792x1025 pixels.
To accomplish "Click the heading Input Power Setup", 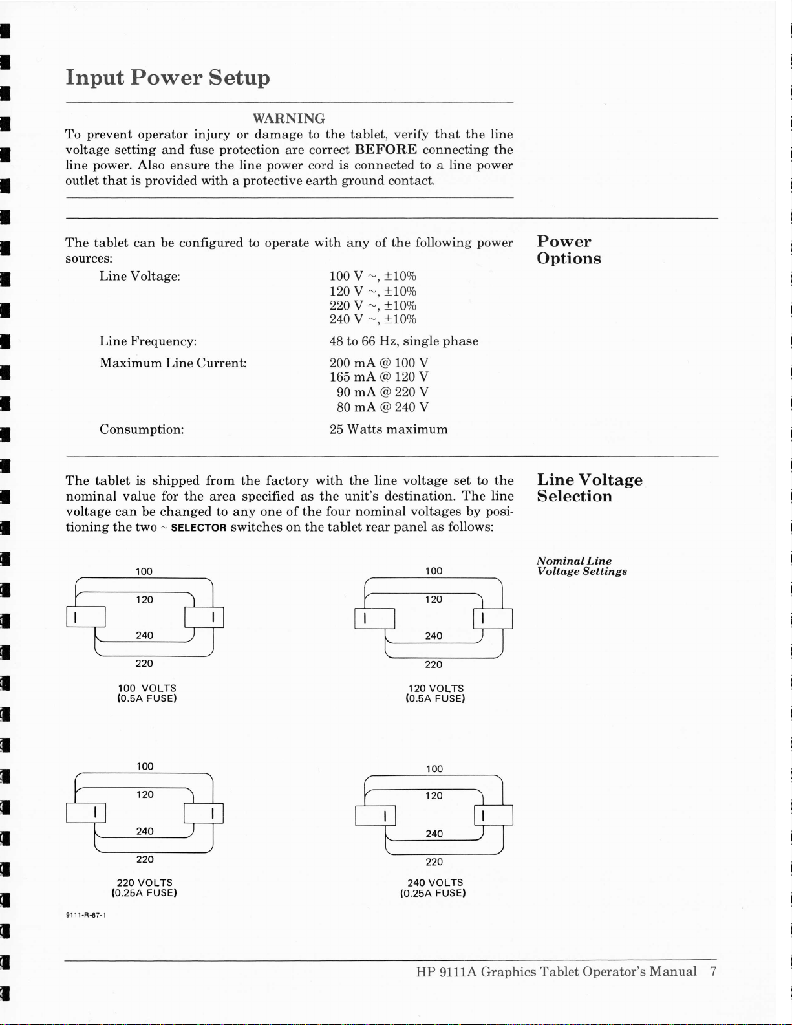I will pyautogui.click(x=167, y=78).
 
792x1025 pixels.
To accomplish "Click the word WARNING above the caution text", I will pyautogui.click(x=288, y=118).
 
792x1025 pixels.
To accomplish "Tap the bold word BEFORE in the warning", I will pyautogui.click(x=386, y=149).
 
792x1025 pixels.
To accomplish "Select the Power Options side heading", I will pyautogui.click(x=568, y=250).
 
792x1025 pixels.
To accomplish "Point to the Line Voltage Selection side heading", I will pyautogui.click(x=589, y=488).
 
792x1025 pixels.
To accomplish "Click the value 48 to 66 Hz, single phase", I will pyautogui.click(x=403, y=341).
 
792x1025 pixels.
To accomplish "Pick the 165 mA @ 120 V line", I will pyautogui.click(x=379, y=376).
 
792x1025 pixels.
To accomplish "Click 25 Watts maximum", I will pyautogui.click(x=388, y=429).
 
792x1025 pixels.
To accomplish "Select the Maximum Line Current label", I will pyautogui.click(x=173, y=363).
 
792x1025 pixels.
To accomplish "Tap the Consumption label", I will pyautogui.click(x=142, y=429).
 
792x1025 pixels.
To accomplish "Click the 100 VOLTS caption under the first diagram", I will pyautogui.click(x=147, y=688).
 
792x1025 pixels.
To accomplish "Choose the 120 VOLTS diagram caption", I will pyautogui.click(x=436, y=688).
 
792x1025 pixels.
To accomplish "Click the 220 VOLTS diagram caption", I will pyautogui.click(x=144, y=882).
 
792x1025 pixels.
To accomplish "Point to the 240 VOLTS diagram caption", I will pyautogui.click(x=434, y=882).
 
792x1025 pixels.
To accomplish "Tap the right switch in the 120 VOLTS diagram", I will pyautogui.click(x=493, y=618).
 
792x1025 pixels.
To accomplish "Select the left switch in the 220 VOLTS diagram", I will pyautogui.click(x=85, y=812).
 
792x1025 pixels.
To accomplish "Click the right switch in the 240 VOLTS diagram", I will pyautogui.click(x=493, y=815).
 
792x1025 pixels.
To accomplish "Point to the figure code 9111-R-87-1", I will pyautogui.click(x=85, y=915).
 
